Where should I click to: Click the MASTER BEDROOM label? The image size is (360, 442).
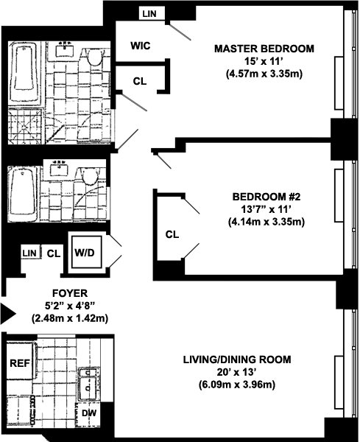264,49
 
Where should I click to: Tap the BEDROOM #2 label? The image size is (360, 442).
267,197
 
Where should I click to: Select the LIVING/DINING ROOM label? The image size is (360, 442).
237,359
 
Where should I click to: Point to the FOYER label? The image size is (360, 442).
70,293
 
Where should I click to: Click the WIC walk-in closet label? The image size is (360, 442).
141,46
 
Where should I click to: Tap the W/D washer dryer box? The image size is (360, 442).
86,252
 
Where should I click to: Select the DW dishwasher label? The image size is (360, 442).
89,413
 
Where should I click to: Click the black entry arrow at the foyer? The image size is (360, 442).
8,313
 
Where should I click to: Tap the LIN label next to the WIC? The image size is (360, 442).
149,14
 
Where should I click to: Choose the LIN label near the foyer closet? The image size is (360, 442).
29,253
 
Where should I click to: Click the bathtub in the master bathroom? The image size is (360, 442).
25,73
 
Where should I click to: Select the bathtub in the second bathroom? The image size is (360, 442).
24,194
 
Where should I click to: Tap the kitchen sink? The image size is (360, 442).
88,385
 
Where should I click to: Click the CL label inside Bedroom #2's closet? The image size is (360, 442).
172,234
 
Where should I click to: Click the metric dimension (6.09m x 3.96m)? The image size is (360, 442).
237,385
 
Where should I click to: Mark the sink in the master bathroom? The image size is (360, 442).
65,50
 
